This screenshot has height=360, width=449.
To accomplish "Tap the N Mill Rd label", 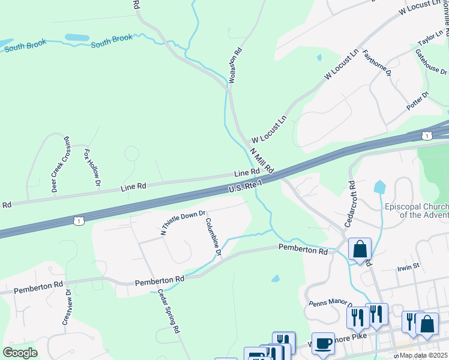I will (262, 160).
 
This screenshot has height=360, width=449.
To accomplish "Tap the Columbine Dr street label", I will (213, 237).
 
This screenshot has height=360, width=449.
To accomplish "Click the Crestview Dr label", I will (67, 307).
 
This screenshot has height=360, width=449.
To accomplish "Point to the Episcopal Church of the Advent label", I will (416, 211).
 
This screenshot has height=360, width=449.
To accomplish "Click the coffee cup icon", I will (323, 343).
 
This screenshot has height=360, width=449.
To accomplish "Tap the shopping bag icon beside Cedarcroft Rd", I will (360, 249).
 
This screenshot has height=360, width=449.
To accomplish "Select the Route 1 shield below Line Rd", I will (79, 221).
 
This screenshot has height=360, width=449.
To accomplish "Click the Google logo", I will (20, 352).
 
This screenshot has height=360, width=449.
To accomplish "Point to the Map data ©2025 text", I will (423, 355).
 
